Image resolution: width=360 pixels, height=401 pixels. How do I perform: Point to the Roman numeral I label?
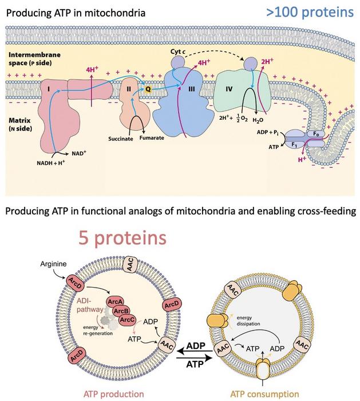pos(50,89)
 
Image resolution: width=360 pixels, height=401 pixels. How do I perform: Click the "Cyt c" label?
pos(180,51)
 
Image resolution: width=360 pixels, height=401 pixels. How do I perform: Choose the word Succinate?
pos(121,139)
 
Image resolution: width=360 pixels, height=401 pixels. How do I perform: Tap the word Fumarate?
pos(152,139)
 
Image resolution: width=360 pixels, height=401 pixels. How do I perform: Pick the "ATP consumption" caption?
pos(264,394)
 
